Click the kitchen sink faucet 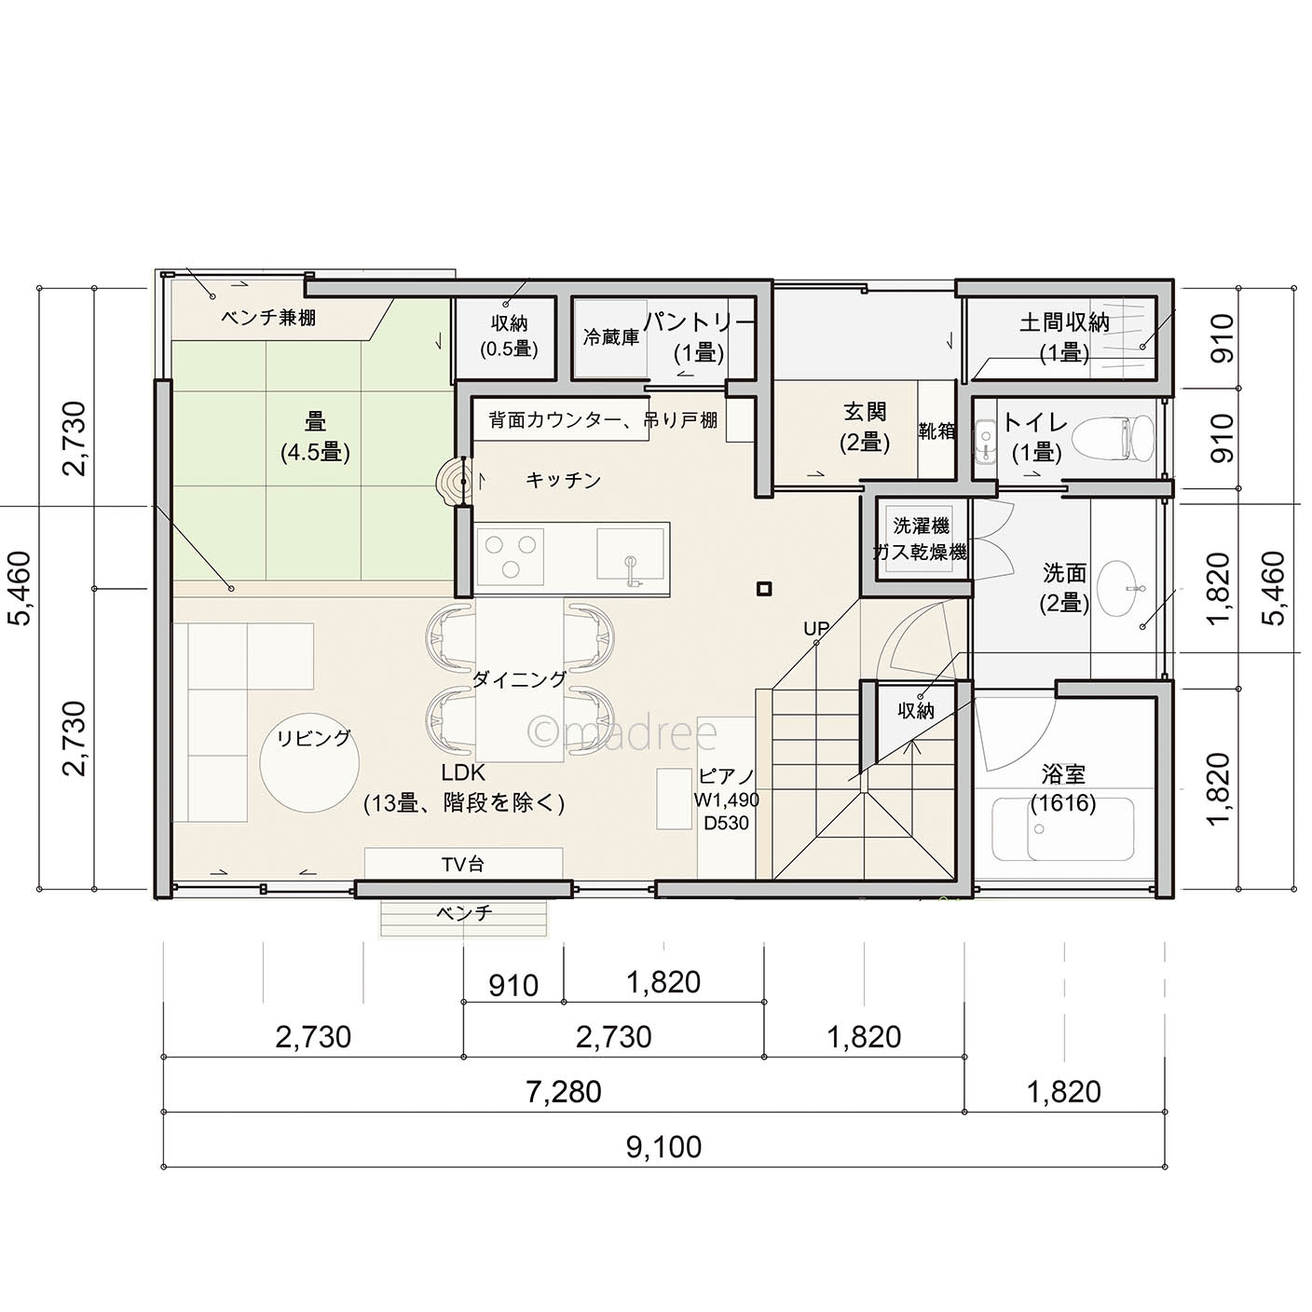tap(631, 570)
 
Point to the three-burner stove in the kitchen tap(510, 556)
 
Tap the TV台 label tap(463, 864)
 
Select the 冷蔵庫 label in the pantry tap(610, 337)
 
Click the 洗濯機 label tap(922, 526)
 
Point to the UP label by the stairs tap(816, 628)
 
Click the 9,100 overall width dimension tap(663, 1147)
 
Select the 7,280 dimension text tap(564, 1093)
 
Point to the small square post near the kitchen tap(765, 588)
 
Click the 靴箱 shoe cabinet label tap(936, 430)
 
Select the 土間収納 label tap(1064, 321)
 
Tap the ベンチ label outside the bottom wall tap(464, 913)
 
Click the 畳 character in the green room tap(315, 422)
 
